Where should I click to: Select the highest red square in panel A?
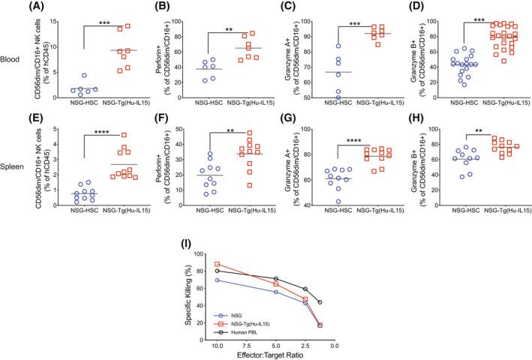click(x=128, y=25)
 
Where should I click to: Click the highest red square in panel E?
click(x=125, y=136)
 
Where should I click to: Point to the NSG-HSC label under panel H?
click(x=454, y=223)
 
